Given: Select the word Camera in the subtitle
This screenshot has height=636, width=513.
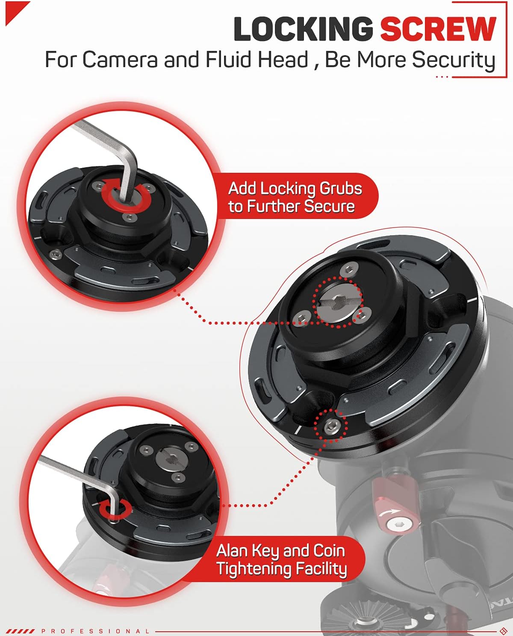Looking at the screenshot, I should click(x=120, y=59).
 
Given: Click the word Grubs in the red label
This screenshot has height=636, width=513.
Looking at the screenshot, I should click(x=341, y=189).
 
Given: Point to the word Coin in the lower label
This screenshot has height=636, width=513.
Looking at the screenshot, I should click(x=329, y=550).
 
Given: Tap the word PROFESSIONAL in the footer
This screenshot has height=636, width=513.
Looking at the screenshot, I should click(x=96, y=631).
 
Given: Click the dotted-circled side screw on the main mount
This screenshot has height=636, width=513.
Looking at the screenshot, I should click(x=332, y=426).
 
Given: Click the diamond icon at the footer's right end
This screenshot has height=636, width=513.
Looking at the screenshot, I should click(x=503, y=631).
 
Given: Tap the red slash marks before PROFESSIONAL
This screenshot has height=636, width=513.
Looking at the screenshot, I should click(x=20, y=631).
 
